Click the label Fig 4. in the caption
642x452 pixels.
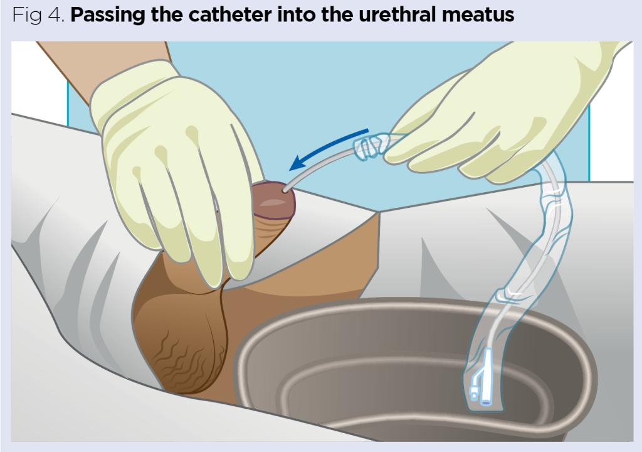(38, 16)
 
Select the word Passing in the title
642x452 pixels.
(108, 16)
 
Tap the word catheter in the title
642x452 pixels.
(229, 15)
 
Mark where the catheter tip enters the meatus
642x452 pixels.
(284, 190)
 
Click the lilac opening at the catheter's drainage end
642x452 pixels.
(486, 403)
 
